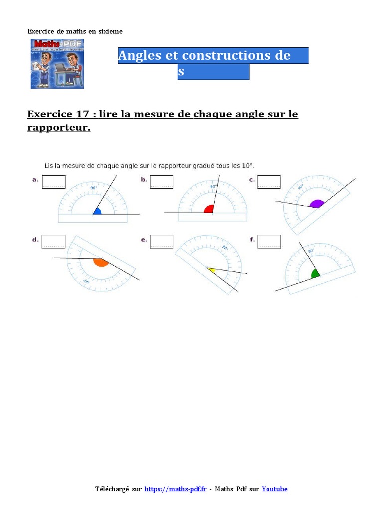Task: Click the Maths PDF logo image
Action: [57, 64]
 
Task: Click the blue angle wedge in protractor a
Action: [97, 212]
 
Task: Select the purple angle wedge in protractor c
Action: [316, 204]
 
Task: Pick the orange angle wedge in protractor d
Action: [100, 262]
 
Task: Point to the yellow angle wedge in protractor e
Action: [211, 270]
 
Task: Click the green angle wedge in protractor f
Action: [315, 274]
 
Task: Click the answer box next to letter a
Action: [54, 182]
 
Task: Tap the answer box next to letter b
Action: [162, 182]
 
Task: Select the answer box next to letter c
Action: [269, 182]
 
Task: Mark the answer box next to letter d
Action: [54, 241]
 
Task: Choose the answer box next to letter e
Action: [162, 241]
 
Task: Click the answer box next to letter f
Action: [269, 241]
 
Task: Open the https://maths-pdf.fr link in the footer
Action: [175, 489]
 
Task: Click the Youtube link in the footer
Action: [274, 489]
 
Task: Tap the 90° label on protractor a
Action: [93, 188]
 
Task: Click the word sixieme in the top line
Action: [110, 31]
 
